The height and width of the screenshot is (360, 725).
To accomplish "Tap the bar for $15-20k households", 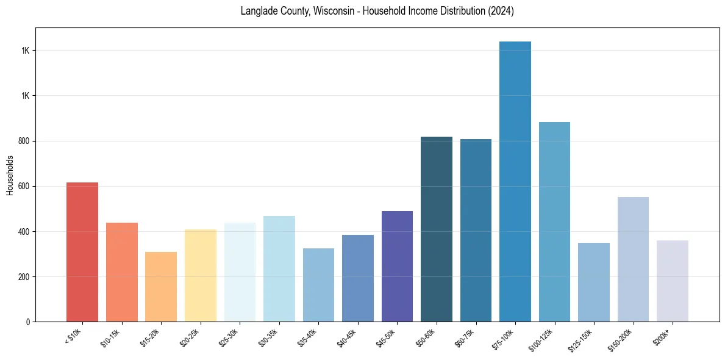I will tap(161, 287).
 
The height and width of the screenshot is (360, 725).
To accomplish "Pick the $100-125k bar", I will tap(554, 222).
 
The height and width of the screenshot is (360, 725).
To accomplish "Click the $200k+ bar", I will tap(673, 281).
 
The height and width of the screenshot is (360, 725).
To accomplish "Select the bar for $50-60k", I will tap(437, 229).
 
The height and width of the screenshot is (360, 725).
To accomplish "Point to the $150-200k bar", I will tap(633, 259).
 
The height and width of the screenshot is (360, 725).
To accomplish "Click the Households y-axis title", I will tap(10, 175).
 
